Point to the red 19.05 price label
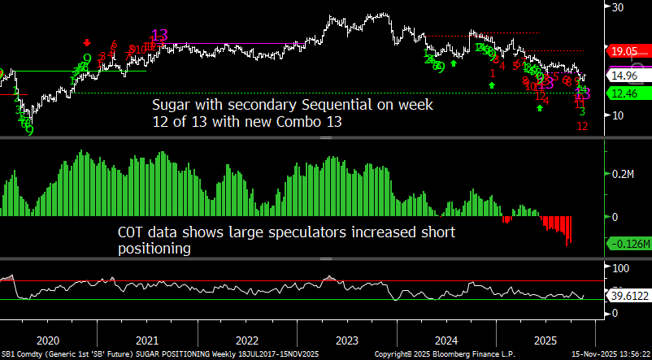coord(624,50)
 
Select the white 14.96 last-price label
coord(624,75)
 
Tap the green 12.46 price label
coord(624,93)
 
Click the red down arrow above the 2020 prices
coord(86,42)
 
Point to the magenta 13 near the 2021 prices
coord(159,35)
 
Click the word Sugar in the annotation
coord(172,106)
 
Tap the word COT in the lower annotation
coord(135,233)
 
